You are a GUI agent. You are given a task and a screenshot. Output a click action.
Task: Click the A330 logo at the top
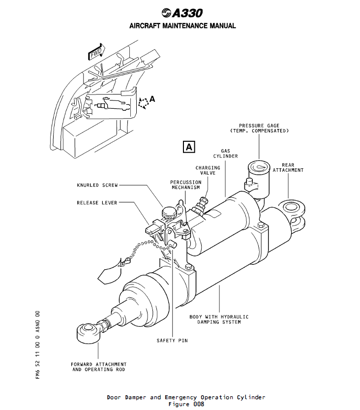[x=181, y=13]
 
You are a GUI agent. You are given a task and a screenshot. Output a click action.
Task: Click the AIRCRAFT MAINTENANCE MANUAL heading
[x=182, y=26]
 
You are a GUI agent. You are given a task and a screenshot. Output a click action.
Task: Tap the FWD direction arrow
[x=96, y=52]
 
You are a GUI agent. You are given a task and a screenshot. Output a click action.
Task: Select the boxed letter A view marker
[x=189, y=146]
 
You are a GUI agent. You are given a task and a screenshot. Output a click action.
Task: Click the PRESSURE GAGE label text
[x=259, y=128]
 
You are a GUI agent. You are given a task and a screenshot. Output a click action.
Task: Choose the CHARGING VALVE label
[x=208, y=170]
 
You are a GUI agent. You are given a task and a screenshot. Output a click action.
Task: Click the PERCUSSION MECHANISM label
[x=185, y=185]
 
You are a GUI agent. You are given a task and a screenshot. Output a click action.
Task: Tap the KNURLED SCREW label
[x=97, y=186]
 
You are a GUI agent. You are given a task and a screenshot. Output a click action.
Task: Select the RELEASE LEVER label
[x=97, y=202]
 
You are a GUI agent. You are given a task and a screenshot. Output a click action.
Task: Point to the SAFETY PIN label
[x=172, y=340]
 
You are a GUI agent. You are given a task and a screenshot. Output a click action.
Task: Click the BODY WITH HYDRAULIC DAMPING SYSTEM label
[x=219, y=319]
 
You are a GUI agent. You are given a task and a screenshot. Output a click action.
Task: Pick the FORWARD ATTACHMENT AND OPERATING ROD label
[x=98, y=367]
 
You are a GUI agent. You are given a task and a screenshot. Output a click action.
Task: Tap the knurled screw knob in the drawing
[x=168, y=212]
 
